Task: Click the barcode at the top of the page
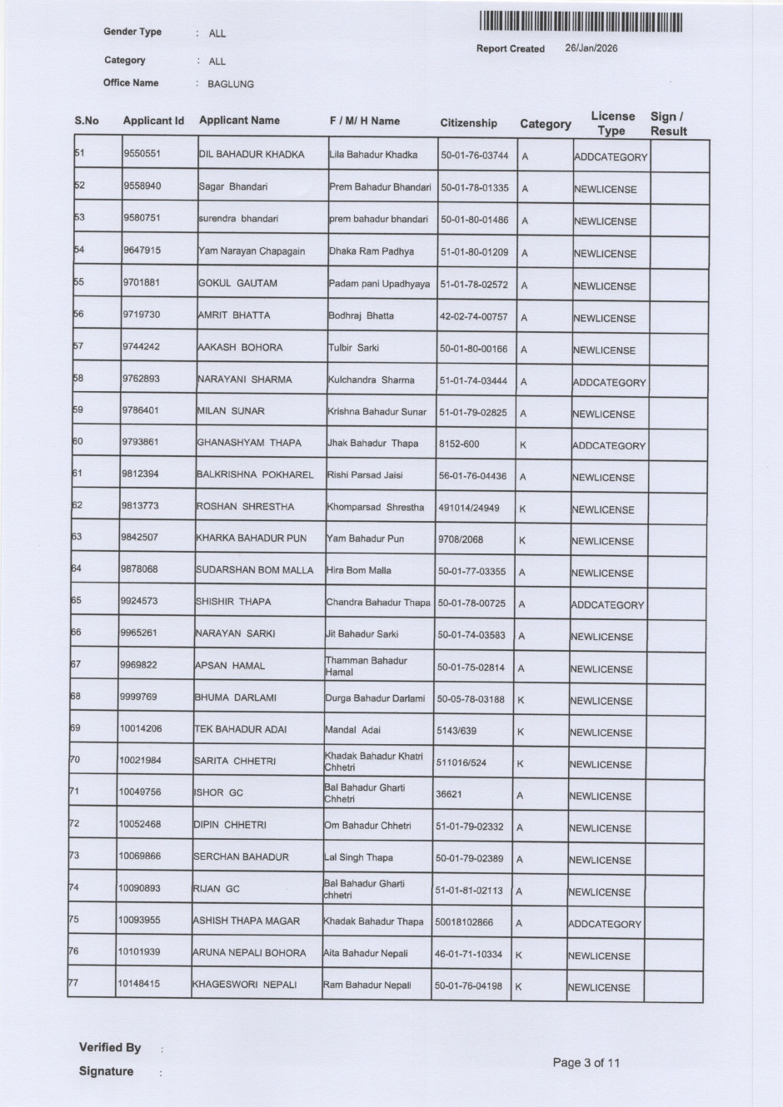point(581,22)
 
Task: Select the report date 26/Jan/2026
point(591,48)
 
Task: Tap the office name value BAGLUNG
point(231,84)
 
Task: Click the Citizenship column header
point(468,123)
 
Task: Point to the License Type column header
point(612,123)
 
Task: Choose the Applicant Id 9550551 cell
point(142,154)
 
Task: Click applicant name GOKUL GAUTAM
point(237,283)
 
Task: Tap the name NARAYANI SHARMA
point(244,380)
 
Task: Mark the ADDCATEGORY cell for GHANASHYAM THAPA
point(609,446)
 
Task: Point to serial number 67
point(76,664)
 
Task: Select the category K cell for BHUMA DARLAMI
point(521,700)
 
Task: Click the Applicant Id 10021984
point(140,760)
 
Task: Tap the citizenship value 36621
point(448,794)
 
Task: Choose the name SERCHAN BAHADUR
point(241,857)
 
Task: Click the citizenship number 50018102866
point(464,922)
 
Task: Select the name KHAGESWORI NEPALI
point(245,985)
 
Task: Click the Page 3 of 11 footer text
point(586,1063)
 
